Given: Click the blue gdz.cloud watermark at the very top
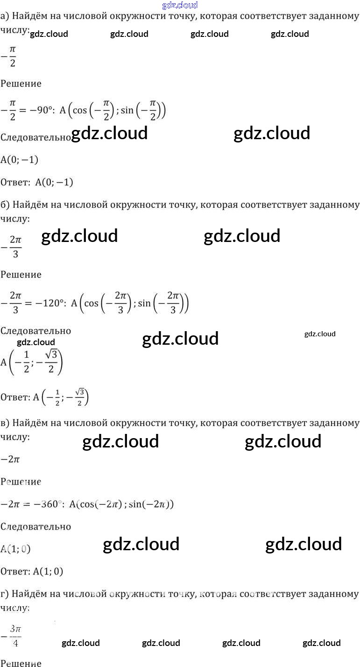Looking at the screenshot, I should (180, 5).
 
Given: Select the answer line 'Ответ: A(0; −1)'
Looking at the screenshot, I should (37, 182).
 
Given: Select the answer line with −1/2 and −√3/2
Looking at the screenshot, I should (45, 397).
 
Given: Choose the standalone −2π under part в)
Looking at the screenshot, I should (10, 459).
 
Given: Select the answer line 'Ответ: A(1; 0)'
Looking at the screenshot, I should (32, 571).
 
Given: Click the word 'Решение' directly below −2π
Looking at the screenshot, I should (21, 482).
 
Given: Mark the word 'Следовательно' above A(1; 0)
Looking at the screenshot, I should (35, 526).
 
